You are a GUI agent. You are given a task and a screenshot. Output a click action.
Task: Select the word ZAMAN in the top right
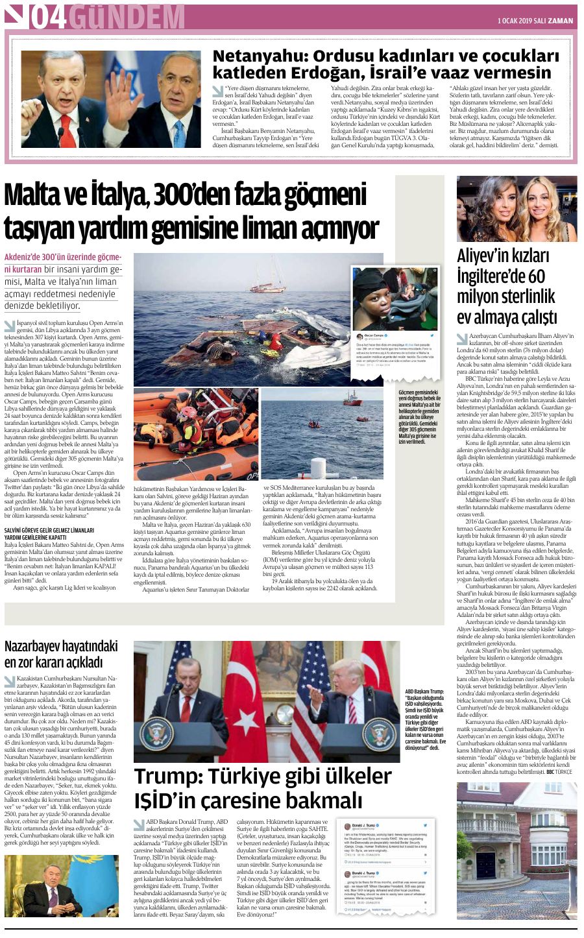560,21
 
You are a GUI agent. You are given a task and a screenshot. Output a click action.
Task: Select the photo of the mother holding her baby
395,298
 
